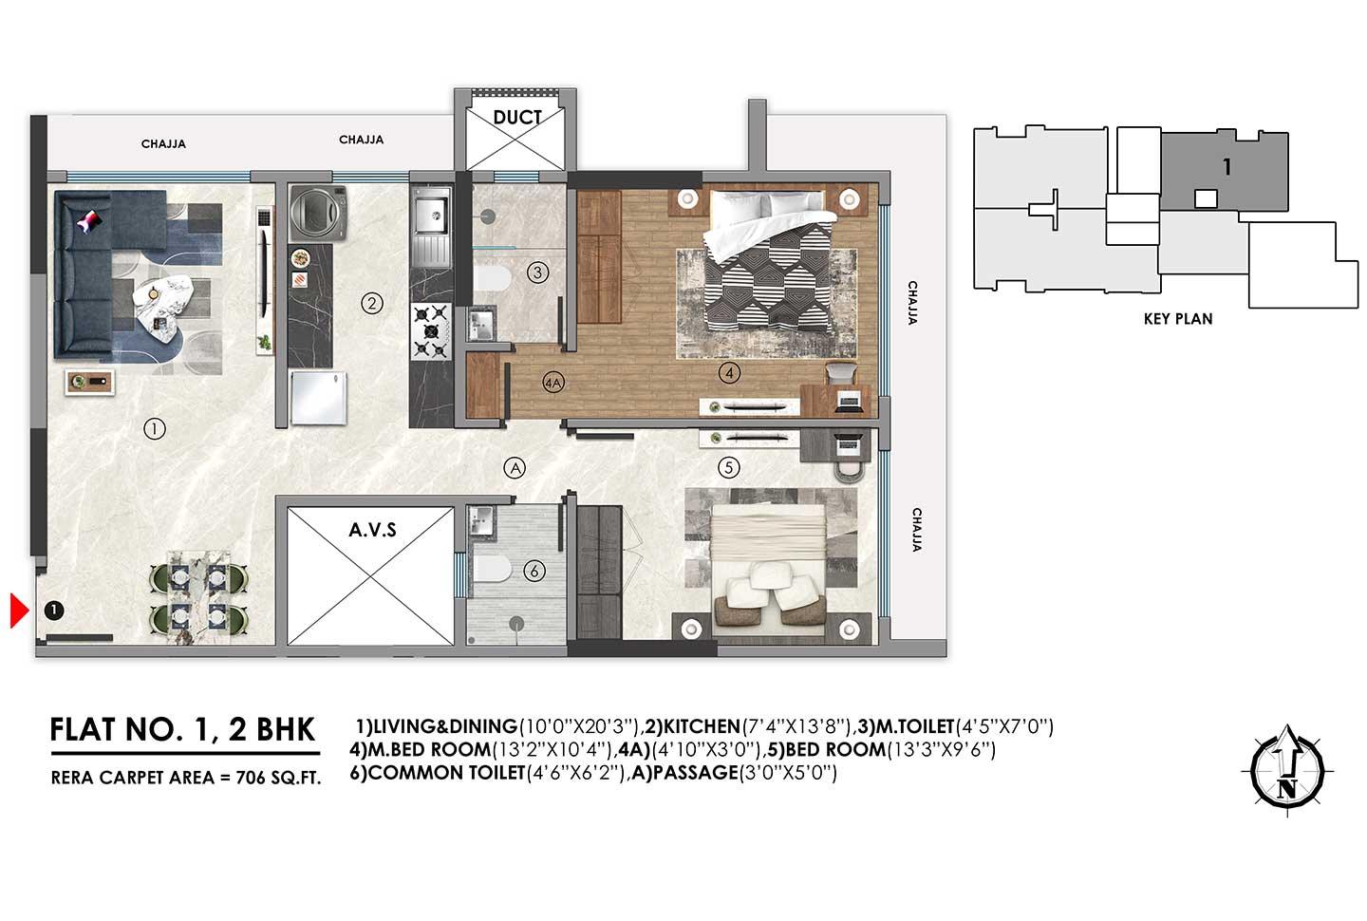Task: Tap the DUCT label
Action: (x=517, y=118)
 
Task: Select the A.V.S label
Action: (x=372, y=530)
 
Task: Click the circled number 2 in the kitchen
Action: (x=372, y=304)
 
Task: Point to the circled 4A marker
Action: (x=552, y=384)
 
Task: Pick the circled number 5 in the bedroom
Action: (x=728, y=467)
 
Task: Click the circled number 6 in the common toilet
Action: (x=534, y=571)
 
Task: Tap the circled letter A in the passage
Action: (x=514, y=467)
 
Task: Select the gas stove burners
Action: (x=430, y=330)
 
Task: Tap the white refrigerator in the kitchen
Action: (x=320, y=398)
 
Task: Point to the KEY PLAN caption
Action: (x=1177, y=319)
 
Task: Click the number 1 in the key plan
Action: (x=1227, y=167)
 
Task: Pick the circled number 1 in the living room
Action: (x=154, y=429)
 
